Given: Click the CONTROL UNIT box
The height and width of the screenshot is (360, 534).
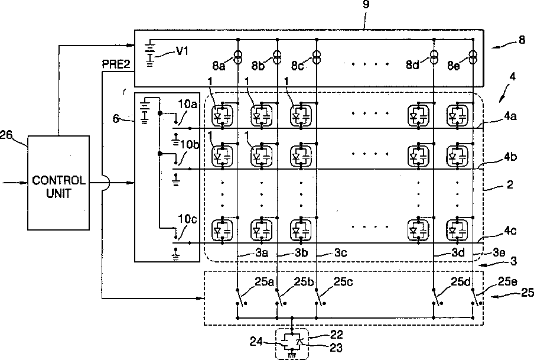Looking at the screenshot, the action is (58, 183).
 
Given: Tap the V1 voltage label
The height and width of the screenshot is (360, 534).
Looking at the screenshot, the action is (182, 51).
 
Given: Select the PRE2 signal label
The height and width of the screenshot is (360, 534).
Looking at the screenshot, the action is (116, 64).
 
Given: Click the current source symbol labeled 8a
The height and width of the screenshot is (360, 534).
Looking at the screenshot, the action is (238, 57).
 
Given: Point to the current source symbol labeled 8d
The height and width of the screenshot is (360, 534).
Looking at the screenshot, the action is (434, 57).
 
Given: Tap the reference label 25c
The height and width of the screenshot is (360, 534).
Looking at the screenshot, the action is (343, 282).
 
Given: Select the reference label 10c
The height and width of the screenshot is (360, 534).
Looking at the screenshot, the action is (188, 219).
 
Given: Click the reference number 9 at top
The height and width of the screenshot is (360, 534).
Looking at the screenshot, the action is (366, 4).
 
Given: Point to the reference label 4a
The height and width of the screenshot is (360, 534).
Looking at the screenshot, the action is (510, 116).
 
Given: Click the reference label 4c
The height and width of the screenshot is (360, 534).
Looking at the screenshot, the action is (510, 231).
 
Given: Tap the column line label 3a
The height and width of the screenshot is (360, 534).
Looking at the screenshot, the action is (262, 252).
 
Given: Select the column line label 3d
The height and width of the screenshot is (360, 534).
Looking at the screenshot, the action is (458, 252).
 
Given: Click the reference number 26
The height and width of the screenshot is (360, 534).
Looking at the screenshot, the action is (6, 135).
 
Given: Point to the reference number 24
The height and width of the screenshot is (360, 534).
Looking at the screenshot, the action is (256, 341).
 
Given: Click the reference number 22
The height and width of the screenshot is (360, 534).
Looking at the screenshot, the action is (337, 334).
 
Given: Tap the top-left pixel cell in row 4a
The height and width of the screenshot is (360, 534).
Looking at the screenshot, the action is (222, 116).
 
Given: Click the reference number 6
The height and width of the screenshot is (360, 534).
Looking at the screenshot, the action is (116, 119).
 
